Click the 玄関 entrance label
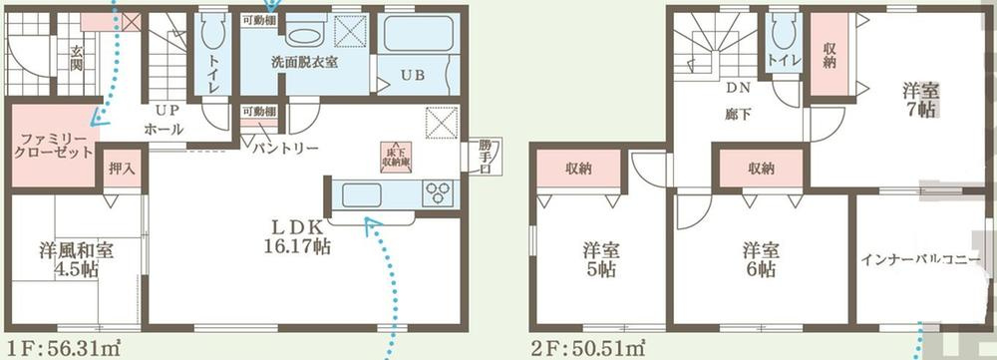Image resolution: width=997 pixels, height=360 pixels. (x=76, y=58)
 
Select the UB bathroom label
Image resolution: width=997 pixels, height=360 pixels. (x=413, y=75)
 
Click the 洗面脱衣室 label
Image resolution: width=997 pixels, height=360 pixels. (x=304, y=62)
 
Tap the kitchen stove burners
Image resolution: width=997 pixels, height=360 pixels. (x=438, y=191)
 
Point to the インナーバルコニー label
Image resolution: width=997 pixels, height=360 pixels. (x=919, y=262)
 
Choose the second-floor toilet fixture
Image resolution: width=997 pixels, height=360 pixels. (x=784, y=40)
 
